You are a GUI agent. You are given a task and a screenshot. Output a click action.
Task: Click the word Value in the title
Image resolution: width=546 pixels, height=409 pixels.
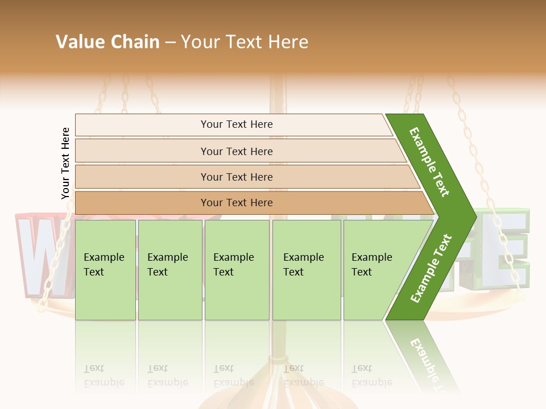[x=79, y=42]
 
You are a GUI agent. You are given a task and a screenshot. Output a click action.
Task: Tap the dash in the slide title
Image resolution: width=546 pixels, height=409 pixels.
[x=170, y=43]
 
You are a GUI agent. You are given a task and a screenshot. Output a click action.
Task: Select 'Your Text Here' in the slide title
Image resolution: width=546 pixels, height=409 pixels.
[x=245, y=42]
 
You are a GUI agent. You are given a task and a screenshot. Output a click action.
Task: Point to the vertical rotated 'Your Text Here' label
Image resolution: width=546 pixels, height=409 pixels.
[x=65, y=163]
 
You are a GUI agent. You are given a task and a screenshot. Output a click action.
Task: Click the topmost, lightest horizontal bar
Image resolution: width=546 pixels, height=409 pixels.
[x=233, y=124]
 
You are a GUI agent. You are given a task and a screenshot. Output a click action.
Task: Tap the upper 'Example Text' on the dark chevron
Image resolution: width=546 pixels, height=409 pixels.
[x=429, y=162]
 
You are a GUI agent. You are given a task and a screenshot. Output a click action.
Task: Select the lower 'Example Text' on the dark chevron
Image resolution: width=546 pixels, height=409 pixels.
[x=431, y=268]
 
